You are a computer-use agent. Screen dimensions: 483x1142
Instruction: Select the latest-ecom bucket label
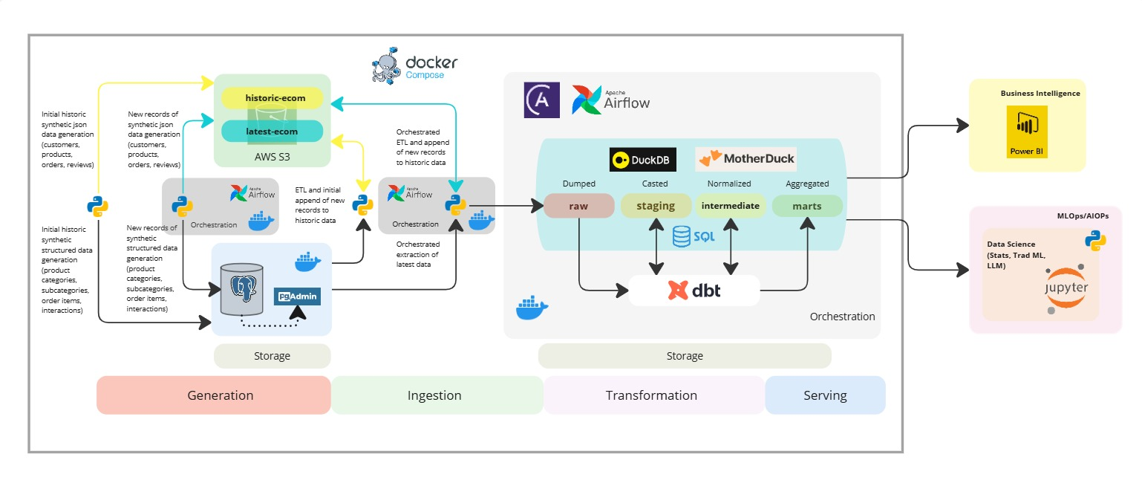point(272,132)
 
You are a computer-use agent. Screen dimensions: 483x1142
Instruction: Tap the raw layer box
point(578,206)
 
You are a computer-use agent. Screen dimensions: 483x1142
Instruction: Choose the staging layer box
point(656,206)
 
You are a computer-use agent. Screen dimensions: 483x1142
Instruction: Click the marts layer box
point(807,206)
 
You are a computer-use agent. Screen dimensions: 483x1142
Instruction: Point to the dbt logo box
point(694,291)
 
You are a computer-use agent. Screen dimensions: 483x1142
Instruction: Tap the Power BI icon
point(1026,132)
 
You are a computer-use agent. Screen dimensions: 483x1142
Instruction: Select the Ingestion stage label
point(434,395)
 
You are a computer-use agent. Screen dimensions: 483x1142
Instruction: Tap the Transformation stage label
point(651,395)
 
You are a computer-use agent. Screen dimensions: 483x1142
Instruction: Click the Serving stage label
point(825,395)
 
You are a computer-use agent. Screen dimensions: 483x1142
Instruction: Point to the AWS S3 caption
point(271,157)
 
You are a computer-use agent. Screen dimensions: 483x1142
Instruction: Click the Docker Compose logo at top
point(414,67)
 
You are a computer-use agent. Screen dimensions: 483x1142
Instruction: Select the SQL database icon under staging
point(691,236)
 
